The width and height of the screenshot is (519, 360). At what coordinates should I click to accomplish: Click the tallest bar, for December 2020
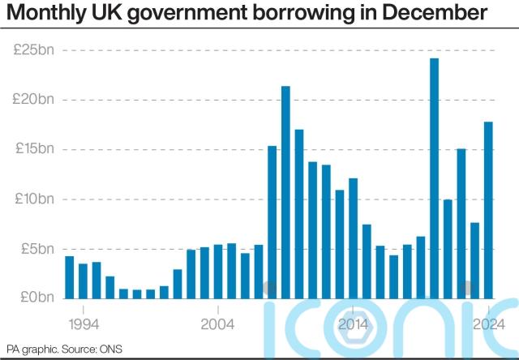click(x=435, y=178)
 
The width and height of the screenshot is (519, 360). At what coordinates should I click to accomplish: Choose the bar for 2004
click(x=218, y=272)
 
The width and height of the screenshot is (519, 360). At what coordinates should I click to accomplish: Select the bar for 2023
click(x=475, y=260)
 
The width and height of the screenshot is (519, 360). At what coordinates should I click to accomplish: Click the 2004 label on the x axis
click(x=218, y=324)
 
